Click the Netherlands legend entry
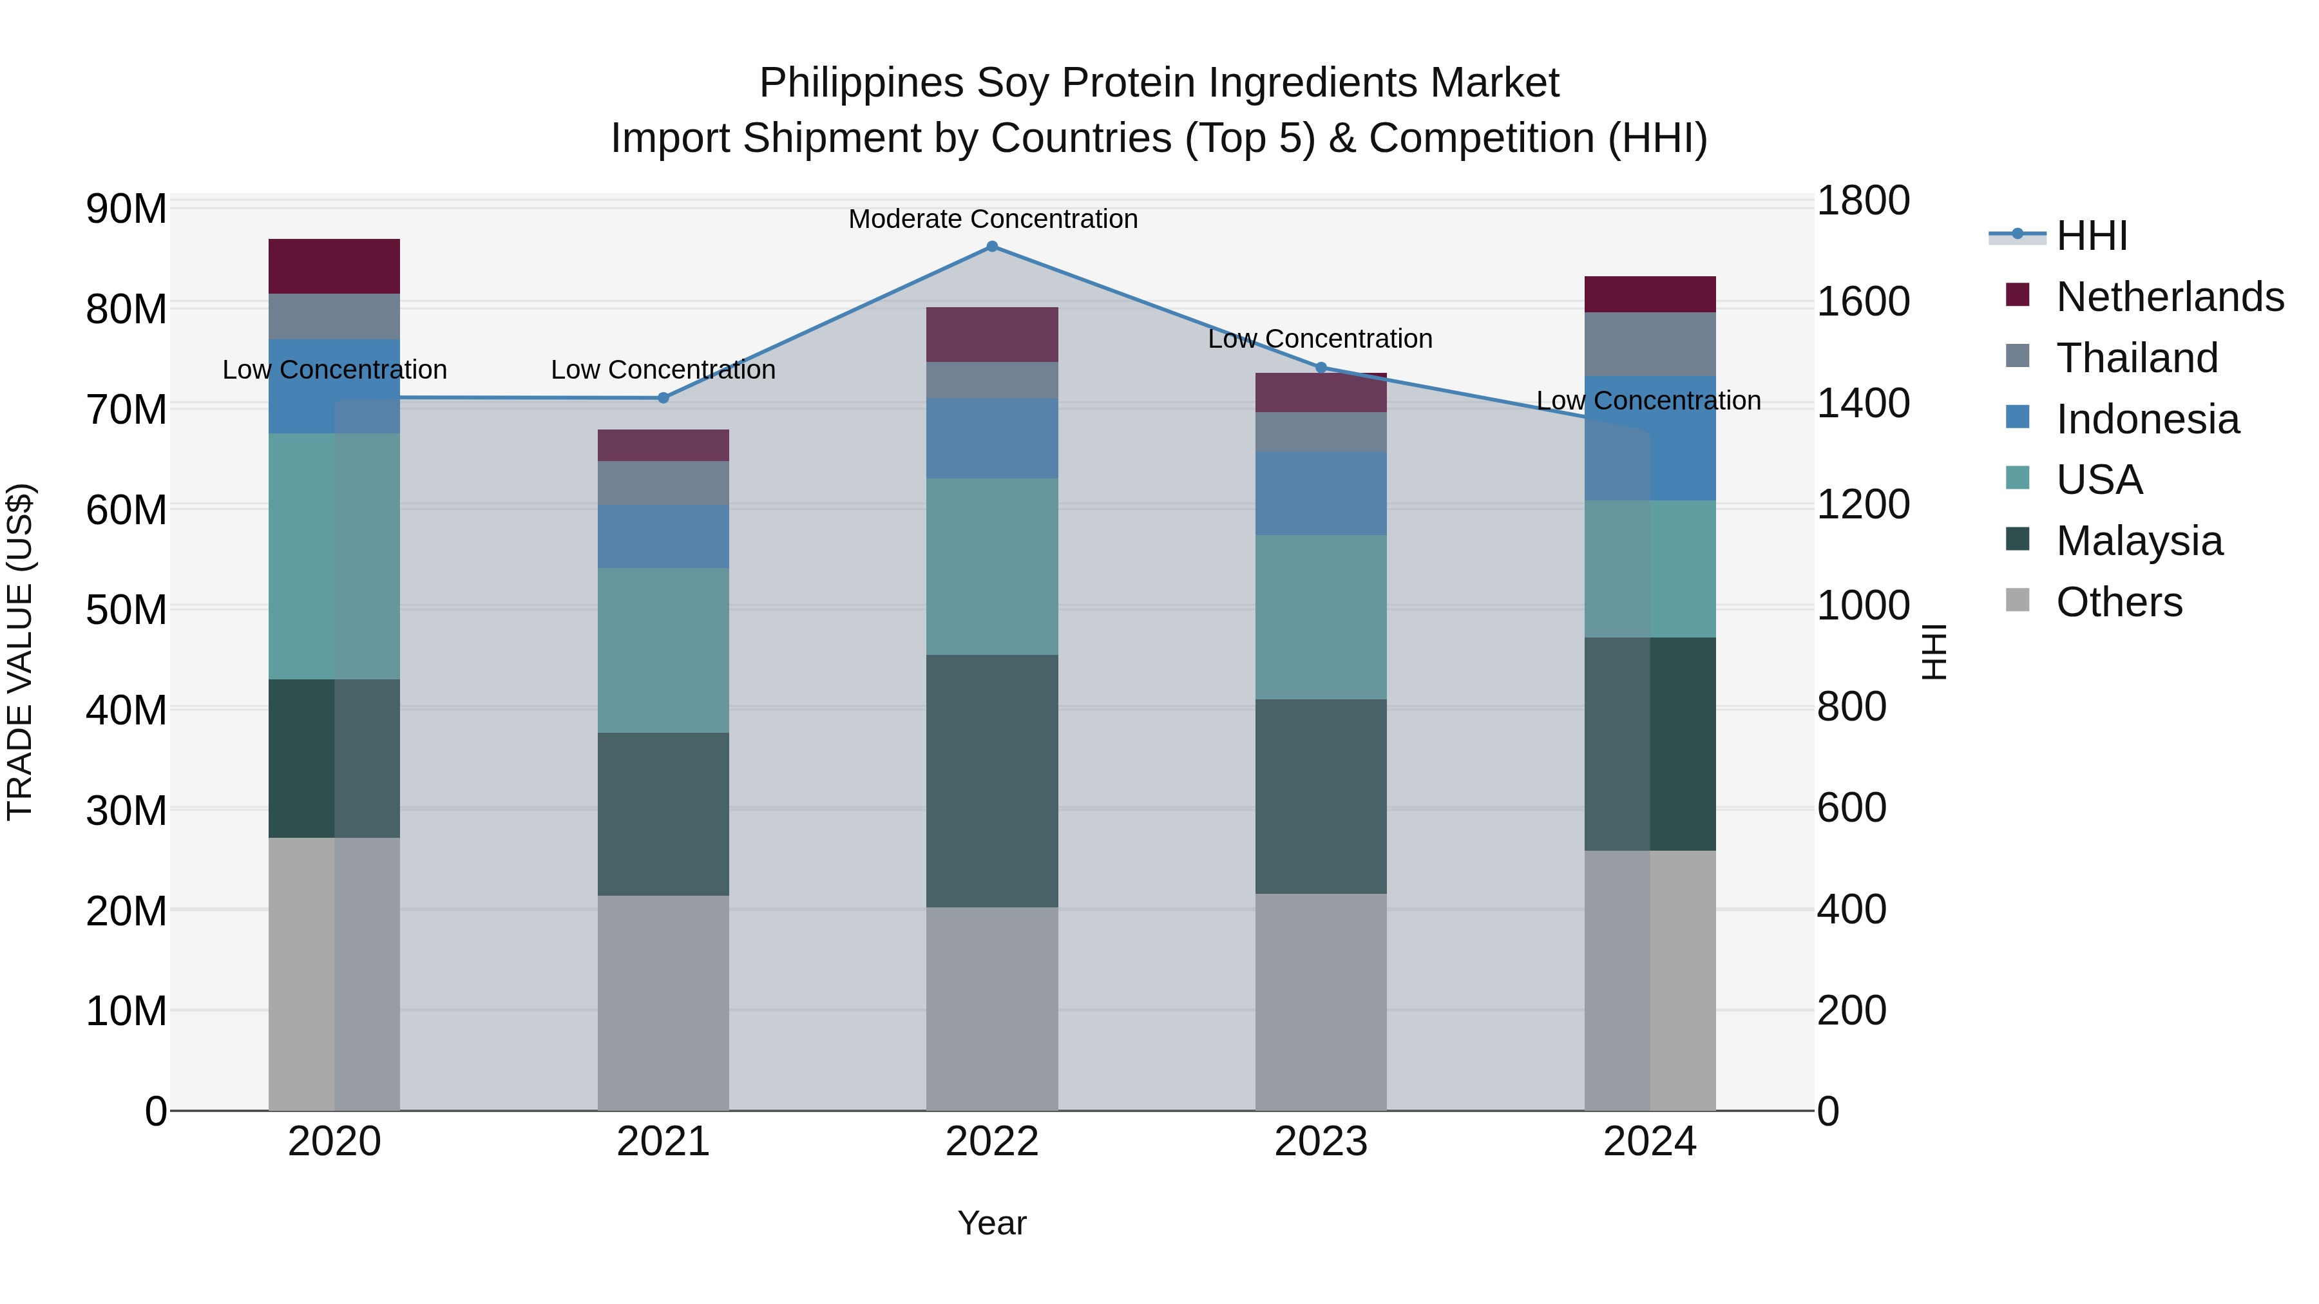(2170, 297)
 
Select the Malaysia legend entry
(2139, 541)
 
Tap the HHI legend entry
(2091, 236)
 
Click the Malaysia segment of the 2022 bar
(992, 780)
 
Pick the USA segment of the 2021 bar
(663, 650)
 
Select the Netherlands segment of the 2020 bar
(334, 267)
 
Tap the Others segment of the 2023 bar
(1321, 1001)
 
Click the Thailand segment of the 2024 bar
(1649, 344)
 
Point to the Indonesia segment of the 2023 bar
(1321, 493)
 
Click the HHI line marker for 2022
(992, 247)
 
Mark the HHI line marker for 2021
(663, 398)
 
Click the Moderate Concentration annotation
(993, 220)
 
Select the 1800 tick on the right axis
(1862, 201)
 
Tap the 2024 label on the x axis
(1649, 1142)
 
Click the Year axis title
(992, 1223)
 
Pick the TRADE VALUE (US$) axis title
(21, 652)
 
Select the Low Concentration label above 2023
(1320, 339)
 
